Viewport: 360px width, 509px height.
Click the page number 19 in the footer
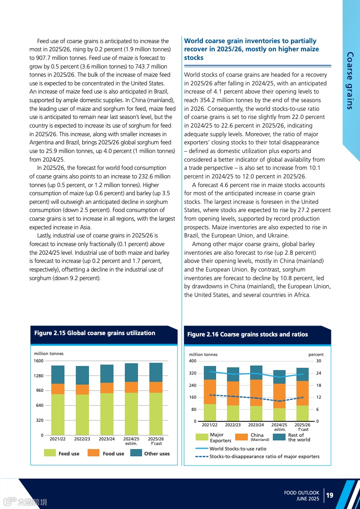[330, 495]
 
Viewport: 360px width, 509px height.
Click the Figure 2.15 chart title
[94, 333]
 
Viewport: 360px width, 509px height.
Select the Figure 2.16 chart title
[247, 334]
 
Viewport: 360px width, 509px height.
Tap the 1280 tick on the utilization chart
[38, 376]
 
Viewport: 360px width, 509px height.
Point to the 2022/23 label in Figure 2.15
[82, 439]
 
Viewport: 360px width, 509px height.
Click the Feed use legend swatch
[50, 453]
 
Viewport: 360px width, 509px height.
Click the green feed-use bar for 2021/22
[58, 414]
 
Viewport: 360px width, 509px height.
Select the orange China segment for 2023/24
[256, 393]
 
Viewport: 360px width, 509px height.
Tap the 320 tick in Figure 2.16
[192, 373]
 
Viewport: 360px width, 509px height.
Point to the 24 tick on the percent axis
[319, 373]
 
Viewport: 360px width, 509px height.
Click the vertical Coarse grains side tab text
[349, 80]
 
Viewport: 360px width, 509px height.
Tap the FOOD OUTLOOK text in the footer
[301, 493]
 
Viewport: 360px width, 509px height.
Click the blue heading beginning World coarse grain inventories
[251, 49]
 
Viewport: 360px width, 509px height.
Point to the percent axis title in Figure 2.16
[316, 355]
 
